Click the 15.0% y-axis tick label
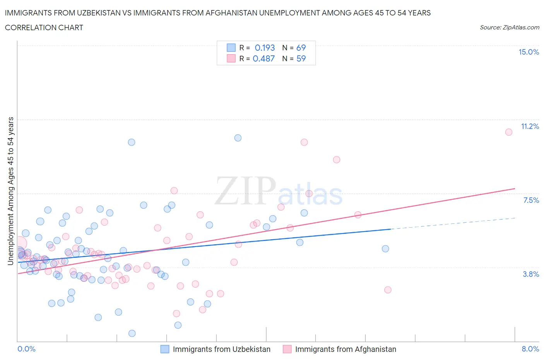click(529, 52)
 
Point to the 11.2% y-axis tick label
click(530, 126)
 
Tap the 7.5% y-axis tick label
click(531, 200)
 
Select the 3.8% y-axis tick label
click(531, 274)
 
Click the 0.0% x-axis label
click(26, 349)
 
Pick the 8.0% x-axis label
click(530, 349)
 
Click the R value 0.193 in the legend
click(265, 48)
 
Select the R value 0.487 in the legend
click(263, 58)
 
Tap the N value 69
click(301, 48)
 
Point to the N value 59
click(301, 58)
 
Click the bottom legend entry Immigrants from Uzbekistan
click(221, 349)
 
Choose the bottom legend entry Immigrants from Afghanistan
click(346, 349)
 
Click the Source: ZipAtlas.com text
click(509, 27)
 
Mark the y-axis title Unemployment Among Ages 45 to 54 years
click(10, 191)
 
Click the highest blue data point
click(238, 138)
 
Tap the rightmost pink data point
click(509, 132)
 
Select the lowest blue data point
click(132, 333)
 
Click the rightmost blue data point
click(385, 249)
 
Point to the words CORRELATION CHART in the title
click(44, 27)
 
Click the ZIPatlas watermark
click(279, 191)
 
